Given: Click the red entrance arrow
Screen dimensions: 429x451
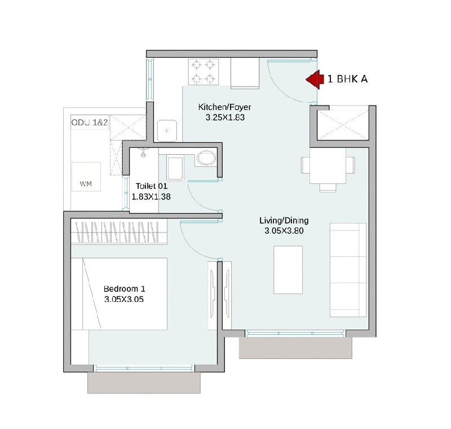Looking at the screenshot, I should pyautogui.click(x=313, y=80).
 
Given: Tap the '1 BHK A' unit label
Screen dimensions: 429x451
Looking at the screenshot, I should pyautogui.click(x=347, y=80).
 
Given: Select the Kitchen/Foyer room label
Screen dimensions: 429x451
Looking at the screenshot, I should pyautogui.click(x=224, y=107).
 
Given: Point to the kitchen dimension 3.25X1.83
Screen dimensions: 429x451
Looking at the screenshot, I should pyautogui.click(x=224, y=117).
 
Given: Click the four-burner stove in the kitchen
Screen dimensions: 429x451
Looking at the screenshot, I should pyautogui.click(x=204, y=72).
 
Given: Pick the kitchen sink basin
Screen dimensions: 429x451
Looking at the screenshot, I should pyautogui.click(x=167, y=131).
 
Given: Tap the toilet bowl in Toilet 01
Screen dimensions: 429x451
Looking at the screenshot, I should pyautogui.click(x=206, y=158).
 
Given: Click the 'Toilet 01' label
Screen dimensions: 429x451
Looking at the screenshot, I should pyautogui.click(x=151, y=186).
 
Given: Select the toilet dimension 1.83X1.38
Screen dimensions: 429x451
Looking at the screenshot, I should pyautogui.click(x=151, y=196).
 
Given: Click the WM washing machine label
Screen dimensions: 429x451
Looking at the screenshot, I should pyautogui.click(x=86, y=183).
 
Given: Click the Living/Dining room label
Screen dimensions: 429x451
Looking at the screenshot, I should pyautogui.click(x=284, y=220).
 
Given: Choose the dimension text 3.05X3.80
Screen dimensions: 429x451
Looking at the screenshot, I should pyautogui.click(x=284, y=231).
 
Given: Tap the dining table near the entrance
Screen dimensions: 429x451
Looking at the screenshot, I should pyautogui.click(x=328, y=165).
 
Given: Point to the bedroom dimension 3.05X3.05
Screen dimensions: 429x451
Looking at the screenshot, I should pyautogui.click(x=124, y=300).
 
